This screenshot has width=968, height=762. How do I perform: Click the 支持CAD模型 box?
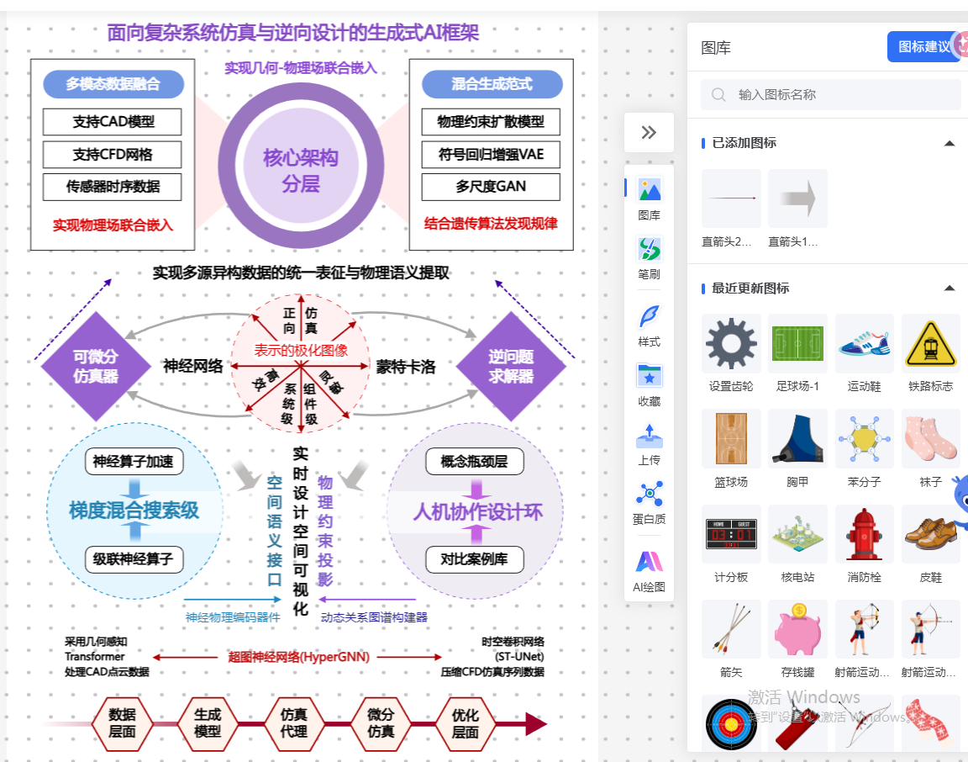point(113,121)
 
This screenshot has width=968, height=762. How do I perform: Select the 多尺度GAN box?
point(491,187)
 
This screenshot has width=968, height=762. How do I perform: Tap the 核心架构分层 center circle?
point(300,170)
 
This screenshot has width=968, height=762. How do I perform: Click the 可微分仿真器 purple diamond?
point(95,366)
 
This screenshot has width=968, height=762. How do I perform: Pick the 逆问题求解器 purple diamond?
point(511,366)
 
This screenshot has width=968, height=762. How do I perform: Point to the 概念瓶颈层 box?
point(474,462)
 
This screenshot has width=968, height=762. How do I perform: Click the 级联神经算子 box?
point(134,559)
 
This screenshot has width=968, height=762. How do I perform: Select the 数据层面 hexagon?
point(123,723)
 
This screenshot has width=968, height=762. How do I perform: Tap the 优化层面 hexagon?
point(465,723)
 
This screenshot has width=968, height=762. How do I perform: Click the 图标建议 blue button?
point(923,47)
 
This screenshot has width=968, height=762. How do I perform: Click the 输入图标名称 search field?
point(832,95)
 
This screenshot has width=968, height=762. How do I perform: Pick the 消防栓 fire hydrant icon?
point(864,534)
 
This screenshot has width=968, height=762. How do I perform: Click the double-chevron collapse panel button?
point(649,132)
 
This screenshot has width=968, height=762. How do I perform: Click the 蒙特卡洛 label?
point(406,367)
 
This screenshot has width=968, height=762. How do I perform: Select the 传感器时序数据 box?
point(113,187)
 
